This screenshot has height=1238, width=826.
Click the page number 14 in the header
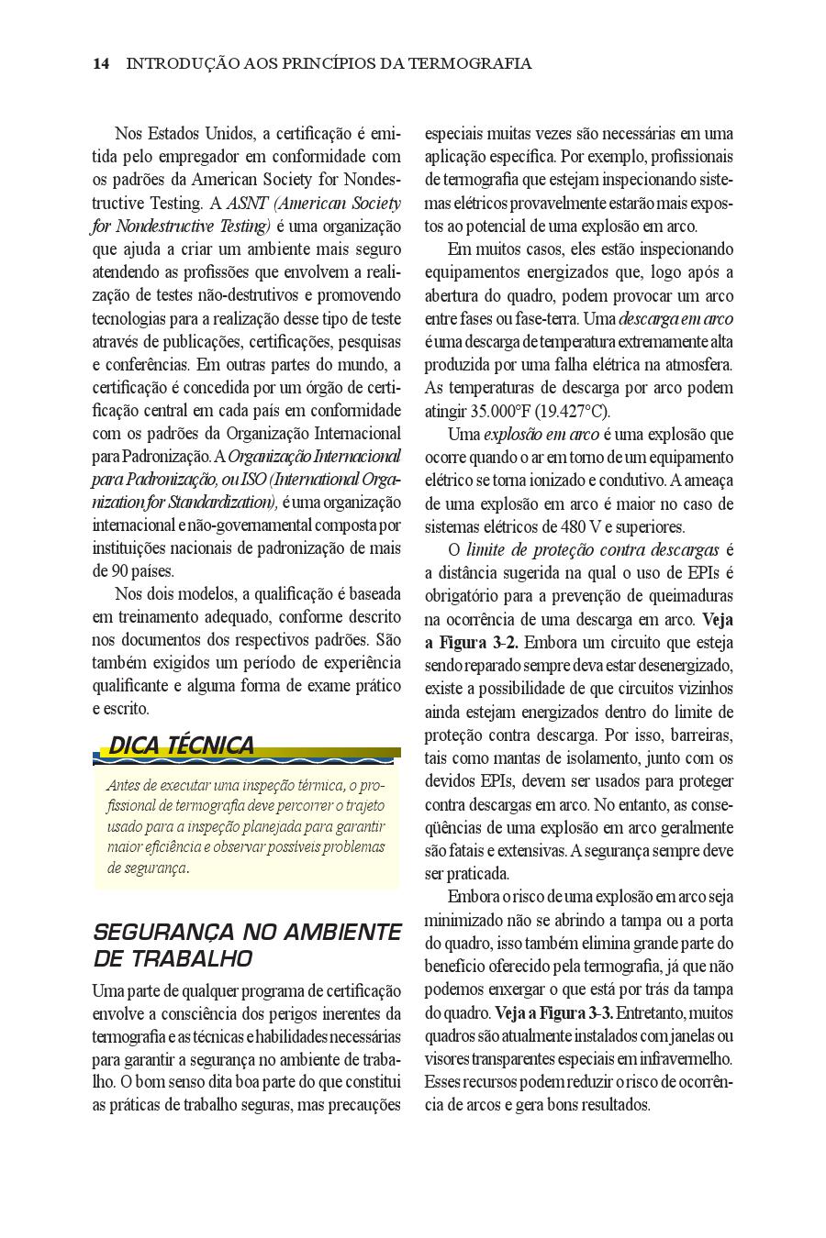coord(101,63)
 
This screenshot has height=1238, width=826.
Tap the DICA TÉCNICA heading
coord(181,746)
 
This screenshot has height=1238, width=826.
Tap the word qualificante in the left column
coord(134,686)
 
